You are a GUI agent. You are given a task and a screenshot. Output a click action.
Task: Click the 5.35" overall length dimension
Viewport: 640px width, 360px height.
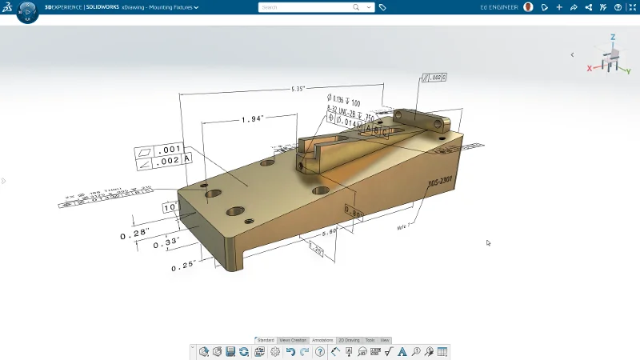click(298, 89)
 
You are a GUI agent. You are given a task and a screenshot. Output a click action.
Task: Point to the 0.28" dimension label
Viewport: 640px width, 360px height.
click(134, 235)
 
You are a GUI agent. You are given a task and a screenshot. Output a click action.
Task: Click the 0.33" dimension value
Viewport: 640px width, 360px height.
click(165, 242)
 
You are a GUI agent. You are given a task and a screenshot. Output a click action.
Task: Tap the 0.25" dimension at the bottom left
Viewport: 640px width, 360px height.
click(184, 267)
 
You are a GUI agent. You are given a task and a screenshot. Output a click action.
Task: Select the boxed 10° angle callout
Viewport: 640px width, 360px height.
click(170, 207)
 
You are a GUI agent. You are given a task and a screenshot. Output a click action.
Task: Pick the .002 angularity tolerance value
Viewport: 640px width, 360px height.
click(168, 160)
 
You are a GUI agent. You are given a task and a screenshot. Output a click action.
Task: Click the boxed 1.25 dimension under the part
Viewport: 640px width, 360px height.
click(315, 251)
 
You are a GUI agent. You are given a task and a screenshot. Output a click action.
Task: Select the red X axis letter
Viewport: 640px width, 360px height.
click(590, 69)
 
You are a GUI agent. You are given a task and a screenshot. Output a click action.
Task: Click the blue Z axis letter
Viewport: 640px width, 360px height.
click(613, 37)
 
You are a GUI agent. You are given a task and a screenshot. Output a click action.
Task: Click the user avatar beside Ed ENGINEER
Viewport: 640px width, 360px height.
click(528, 7)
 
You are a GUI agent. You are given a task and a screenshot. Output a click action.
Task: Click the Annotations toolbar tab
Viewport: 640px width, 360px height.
click(322, 340)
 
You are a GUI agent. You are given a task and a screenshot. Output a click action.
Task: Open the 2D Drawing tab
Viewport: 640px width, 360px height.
click(350, 340)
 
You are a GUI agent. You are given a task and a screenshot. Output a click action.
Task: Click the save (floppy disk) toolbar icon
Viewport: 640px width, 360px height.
click(230, 351)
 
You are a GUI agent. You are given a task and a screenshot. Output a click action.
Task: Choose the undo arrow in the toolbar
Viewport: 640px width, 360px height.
click(290, 351)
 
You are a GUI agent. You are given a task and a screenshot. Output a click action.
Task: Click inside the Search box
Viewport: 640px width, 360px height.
click(308, 7)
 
